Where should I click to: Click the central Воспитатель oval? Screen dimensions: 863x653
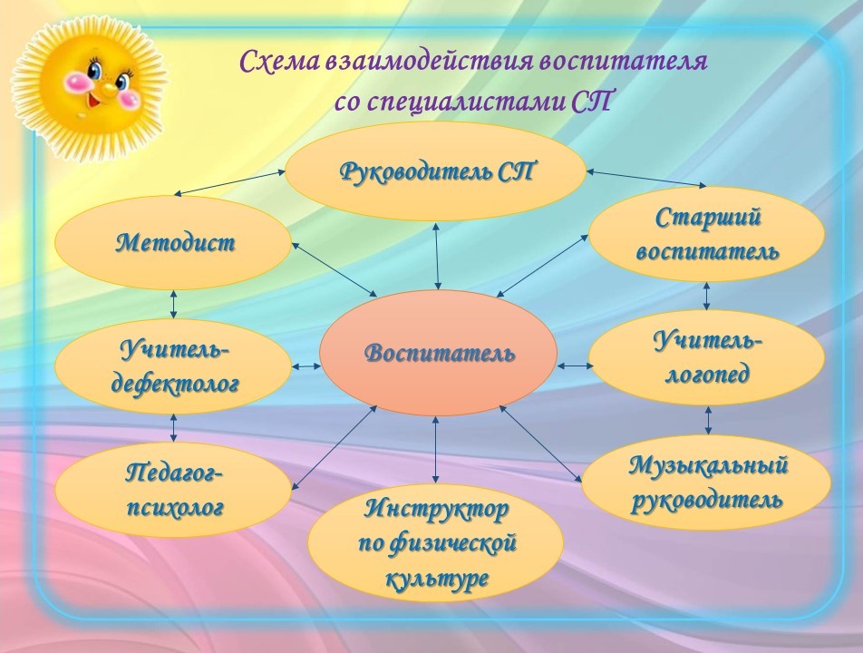tap(438, 353)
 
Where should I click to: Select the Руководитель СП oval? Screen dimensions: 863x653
tap(435, 171)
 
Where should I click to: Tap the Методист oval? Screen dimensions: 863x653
tap(173, 243)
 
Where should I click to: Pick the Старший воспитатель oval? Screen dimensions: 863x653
tap(707, 234)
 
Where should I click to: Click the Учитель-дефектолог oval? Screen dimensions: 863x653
tap(173, 366)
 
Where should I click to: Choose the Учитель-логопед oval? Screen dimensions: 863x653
tap(707, 358)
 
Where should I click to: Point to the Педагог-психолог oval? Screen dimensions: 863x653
tap(173, 490)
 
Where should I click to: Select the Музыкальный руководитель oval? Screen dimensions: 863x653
tap(706, 482)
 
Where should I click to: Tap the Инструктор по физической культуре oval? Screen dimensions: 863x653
tap(435, 543)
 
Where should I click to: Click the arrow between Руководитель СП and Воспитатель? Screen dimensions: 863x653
tap(437, 256)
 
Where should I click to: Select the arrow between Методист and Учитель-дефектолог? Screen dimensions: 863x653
tap(173, 304)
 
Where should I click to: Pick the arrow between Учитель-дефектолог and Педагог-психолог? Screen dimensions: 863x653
tap(173, 428)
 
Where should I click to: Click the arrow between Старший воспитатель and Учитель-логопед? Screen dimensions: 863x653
tap(707, 296)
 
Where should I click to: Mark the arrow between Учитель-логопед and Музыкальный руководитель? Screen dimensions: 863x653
tap(708, 421)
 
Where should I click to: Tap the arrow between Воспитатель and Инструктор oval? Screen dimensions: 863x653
tap(436, 451)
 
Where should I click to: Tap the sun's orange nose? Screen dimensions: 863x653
tap(107, 87)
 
